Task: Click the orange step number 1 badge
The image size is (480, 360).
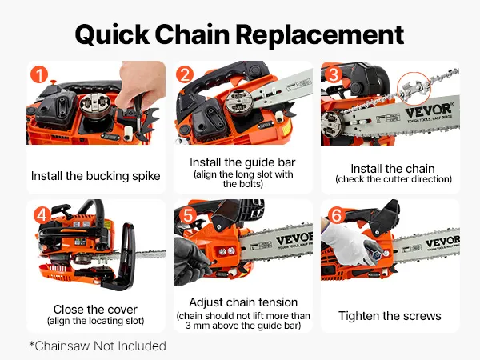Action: (39, 74)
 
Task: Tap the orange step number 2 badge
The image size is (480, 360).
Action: (185, 74)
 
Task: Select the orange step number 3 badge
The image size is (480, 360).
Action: (334, 74)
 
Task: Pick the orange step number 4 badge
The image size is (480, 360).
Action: (42, 215)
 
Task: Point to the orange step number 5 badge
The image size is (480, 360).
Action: (188, 215)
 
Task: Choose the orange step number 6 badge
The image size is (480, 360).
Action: (337, 215)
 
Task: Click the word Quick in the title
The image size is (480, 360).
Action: (112, 34)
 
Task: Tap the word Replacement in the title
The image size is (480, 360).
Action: (320, 34)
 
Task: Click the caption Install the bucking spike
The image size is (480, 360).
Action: (95, 176)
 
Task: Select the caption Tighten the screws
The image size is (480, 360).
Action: (390, 316)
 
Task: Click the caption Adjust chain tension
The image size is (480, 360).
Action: (243, 302)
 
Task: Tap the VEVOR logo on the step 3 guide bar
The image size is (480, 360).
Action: (430, 110)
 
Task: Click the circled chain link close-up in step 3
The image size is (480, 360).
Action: (414, 89)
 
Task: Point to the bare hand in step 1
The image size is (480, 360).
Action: (142, 83)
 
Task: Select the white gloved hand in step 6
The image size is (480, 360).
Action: (349, 243)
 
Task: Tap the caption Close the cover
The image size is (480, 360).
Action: (95, 310)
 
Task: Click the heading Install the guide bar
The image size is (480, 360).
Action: (242, 162)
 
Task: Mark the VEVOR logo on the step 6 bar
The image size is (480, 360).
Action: (442, 242)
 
